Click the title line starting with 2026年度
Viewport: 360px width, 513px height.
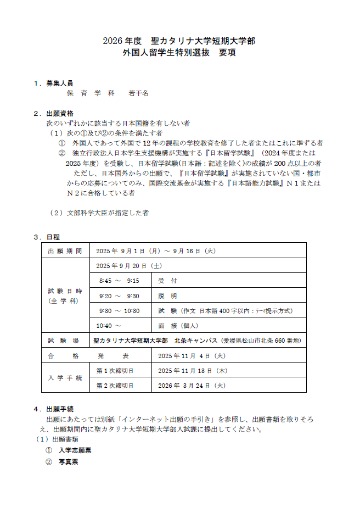coord(179,41)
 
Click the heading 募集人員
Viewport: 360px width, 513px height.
coord(59,83)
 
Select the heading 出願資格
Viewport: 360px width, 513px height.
coord(59,114)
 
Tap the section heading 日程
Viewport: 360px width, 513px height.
coord(53,237)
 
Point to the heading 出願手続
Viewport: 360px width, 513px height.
coord(59,409)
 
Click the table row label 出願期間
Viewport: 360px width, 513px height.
coord(65,251)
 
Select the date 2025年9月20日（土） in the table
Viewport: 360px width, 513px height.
coord(128,265)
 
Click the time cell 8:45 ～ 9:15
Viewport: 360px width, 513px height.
coord(119,281)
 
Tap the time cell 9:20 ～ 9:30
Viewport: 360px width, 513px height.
coord(119,296)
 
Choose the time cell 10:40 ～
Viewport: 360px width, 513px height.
coord(109,326)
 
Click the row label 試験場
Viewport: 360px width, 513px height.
coord(65,341)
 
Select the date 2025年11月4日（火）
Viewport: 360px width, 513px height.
coord(192,356)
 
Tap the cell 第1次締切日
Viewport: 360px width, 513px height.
coord(115,371)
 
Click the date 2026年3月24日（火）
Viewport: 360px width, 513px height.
coord(192,386)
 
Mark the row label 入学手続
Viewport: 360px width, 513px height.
coord(65,378)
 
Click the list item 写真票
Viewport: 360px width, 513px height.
coord(68,462)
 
